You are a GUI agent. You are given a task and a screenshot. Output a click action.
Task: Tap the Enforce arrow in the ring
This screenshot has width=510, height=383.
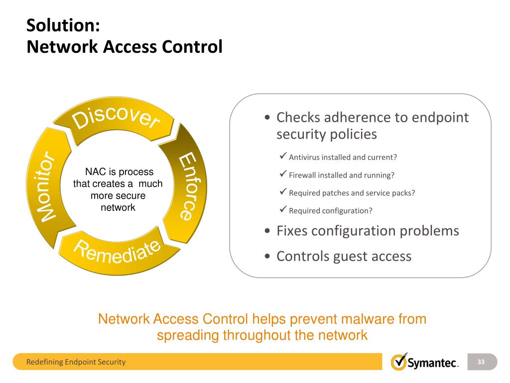point(185,185)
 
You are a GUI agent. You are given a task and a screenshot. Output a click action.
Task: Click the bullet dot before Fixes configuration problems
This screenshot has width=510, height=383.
point(268,231)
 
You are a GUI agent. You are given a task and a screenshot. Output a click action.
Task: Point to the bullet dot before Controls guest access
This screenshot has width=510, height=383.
point(268,257)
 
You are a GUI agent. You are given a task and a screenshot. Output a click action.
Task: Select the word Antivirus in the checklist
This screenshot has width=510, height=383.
point(304,157)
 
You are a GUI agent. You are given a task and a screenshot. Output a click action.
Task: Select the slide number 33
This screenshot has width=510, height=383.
point(481,362)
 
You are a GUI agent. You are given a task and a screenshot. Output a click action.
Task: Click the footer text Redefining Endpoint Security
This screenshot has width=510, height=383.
point(76,362)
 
